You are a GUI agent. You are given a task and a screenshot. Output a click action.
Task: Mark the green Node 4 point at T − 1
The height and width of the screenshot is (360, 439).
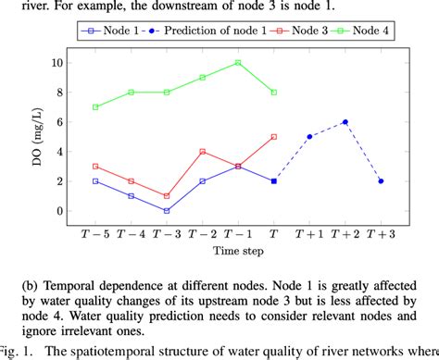(x=238, y=63)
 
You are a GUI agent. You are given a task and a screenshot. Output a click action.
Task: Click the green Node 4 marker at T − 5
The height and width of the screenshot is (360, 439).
(x=95, y=107)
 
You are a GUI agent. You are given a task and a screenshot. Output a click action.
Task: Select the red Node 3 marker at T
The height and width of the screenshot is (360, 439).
(x=274, y=137)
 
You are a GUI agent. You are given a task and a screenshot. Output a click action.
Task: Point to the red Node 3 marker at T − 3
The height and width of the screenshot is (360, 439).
(x=167, y=196)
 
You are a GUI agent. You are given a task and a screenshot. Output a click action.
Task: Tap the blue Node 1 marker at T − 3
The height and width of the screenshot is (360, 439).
(x=167, y=211)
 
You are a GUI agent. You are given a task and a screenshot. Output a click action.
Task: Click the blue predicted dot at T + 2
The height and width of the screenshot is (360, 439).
(x=345, y=122)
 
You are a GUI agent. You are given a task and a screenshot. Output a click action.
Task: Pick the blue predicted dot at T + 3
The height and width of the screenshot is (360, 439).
(x=381, y=181)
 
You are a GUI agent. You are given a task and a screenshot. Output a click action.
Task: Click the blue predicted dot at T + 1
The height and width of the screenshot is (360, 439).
(x=309, y=137)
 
